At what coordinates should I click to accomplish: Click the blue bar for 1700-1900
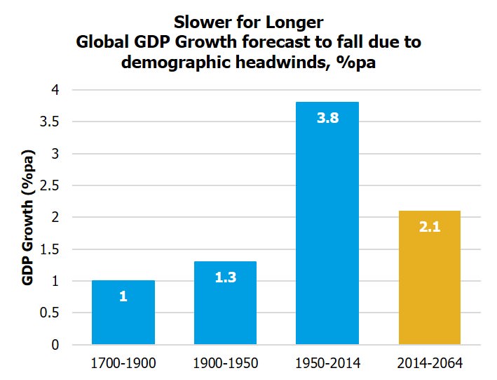pyautogui.click(x=123, y=313)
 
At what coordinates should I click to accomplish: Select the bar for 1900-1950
pyautogui.click(x=226, y=303)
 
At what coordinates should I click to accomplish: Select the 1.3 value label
pyautogui.click(x=226, y=277)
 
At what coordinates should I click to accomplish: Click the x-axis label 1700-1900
pyautogui.click(x=123, y=363)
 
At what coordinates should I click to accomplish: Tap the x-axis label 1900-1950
pyautogui.click(x=226, y=363)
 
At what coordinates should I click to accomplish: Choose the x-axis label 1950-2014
pyautogui.click(x=327, y=363)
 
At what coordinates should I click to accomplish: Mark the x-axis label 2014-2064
pyautogui.click(x=429, y=363)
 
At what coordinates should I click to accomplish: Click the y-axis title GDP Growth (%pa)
pyautogui.click(x=28, y=217)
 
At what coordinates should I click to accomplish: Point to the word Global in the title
pyautogui.click(x=103, y=42)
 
